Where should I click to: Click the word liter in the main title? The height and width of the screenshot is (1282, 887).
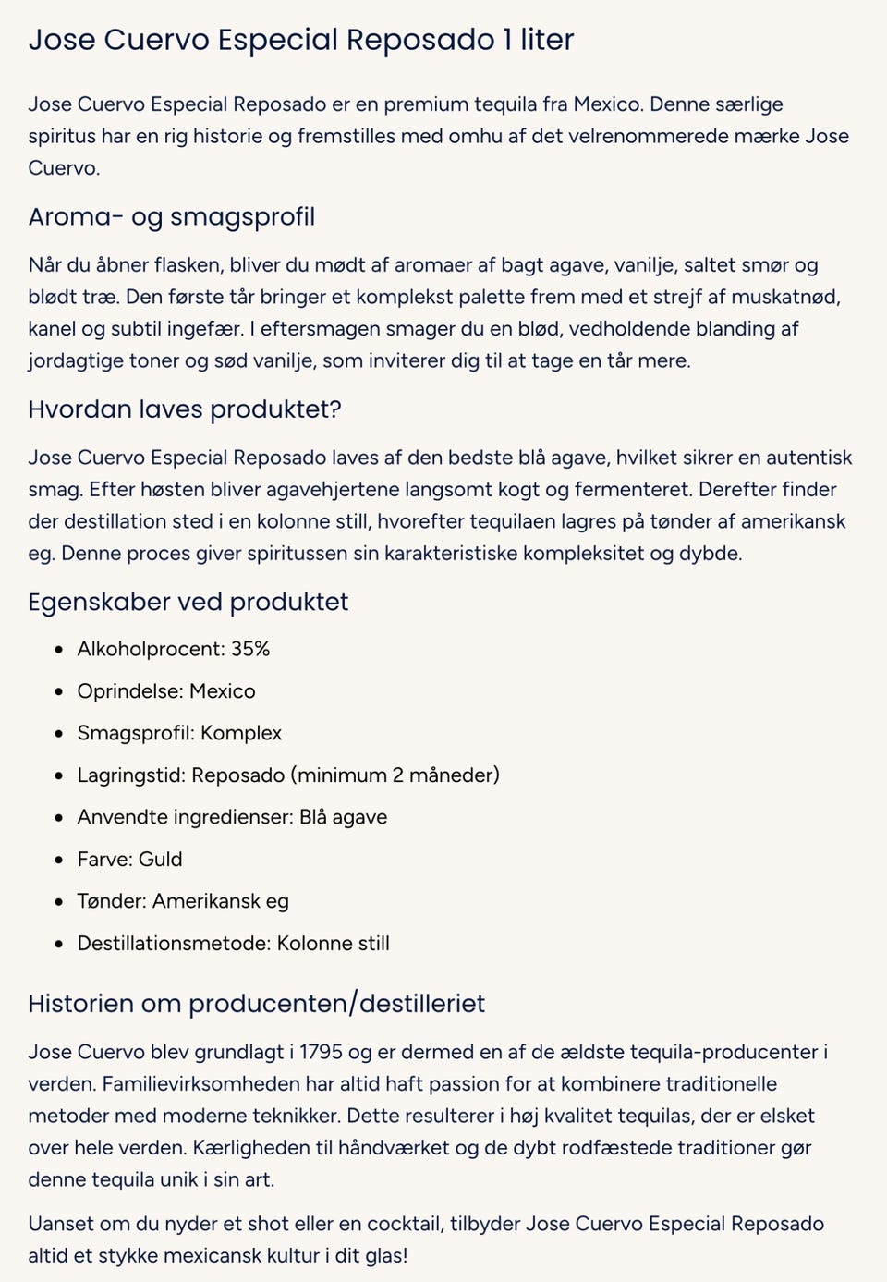coord(547,40)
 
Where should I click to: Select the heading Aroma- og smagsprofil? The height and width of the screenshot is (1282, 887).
coord(171,217)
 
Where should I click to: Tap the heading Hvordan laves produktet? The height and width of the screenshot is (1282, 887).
coord(185,409)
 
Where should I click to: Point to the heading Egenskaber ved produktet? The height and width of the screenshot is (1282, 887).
coord(188,603)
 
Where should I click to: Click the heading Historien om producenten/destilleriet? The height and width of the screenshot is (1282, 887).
coord(256,1004)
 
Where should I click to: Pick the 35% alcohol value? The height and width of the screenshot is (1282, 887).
coord(250,649)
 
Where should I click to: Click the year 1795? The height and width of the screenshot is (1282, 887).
coord(322,1052)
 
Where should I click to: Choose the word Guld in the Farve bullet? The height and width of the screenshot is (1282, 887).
coord(160,859)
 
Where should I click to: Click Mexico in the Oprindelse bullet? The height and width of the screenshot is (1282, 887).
coord(222,691)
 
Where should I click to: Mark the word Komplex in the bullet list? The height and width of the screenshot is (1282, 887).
coord(240,733)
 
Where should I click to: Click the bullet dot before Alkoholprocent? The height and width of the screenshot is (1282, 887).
coord(59,650)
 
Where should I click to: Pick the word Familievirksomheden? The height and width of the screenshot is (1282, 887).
coord(203,1084)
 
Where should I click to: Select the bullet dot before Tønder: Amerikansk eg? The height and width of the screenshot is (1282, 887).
coord(59,902)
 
